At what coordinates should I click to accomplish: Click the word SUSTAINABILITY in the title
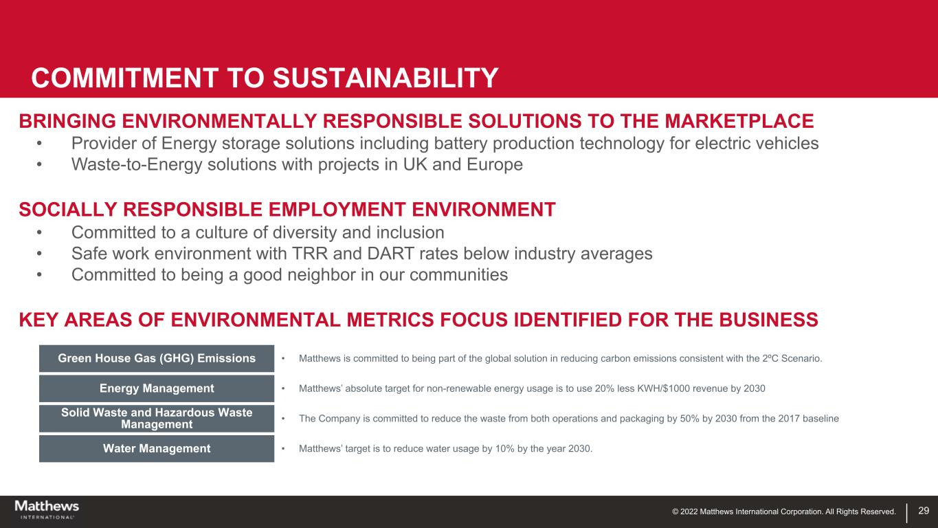click(x=386, y=78)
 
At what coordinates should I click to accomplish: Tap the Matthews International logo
click(x=47, y=510)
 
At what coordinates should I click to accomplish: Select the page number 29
click(x=924, y=510)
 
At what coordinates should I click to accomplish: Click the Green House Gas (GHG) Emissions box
click(x=157, y=358)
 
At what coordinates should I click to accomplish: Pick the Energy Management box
click(x=157, y=388)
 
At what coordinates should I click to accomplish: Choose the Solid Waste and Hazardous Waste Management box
click(x=157, y=418)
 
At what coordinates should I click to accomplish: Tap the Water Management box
click(x=157, y=448)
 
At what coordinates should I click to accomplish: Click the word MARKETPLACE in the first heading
click(x=739, y=121)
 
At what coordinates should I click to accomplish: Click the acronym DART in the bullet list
click(x=390, y=254)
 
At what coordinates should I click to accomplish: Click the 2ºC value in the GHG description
click(x=768, y=358)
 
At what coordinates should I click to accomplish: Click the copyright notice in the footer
click(x=784, y=511)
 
